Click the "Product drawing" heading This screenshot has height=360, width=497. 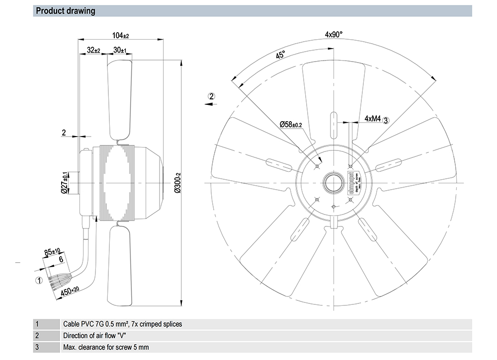click(x=66, y=11)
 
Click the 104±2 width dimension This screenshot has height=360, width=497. click(x=120, y=35)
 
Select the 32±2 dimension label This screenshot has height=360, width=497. click(x=93, y=50)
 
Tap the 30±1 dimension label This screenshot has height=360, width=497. click(x=120, y=50)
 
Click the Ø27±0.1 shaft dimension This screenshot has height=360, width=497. click(x=64, y=182)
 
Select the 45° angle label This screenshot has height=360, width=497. click(x=280, y=56)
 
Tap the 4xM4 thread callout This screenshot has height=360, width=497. click(x=372, y=119)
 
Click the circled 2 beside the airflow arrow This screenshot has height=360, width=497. click(x=212, y=96)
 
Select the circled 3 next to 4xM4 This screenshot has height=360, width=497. click(x=386, y=119)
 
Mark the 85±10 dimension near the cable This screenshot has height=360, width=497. click(x=52, y=251)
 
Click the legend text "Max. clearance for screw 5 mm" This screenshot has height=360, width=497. click(x=106, y=347)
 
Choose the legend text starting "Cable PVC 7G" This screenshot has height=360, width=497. click(x=122, y=324)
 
